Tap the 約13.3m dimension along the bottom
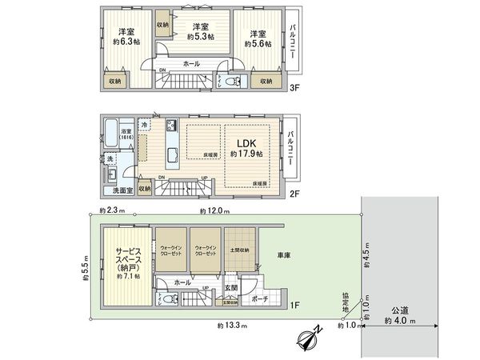[231, 326]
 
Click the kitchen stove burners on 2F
[172, 127]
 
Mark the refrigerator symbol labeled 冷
[144, 126]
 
